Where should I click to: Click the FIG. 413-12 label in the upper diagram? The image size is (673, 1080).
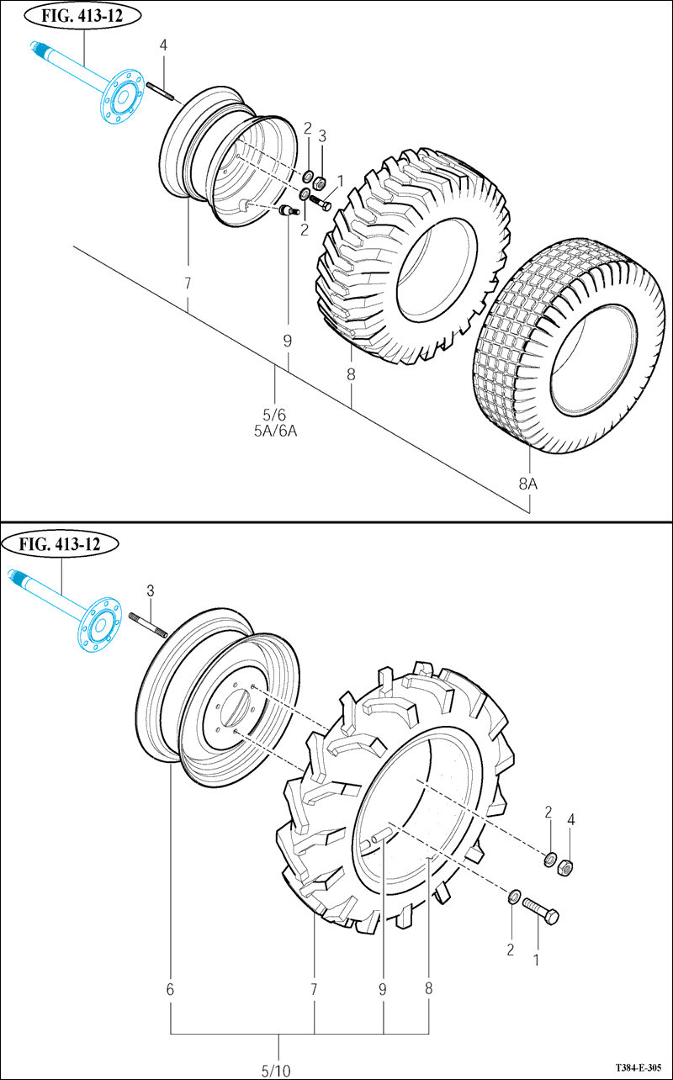(81, 15)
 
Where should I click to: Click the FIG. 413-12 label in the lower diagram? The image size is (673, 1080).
(64, 543)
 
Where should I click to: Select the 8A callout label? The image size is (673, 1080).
(527, 484)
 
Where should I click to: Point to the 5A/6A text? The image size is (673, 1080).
(275, 431)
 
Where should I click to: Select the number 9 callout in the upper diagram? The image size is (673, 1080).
(287, 341)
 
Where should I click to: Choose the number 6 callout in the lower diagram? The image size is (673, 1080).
(170, 990)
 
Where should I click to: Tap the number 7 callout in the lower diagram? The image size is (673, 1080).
(314, 990)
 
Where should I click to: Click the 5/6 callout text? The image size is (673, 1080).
(275, 415)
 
